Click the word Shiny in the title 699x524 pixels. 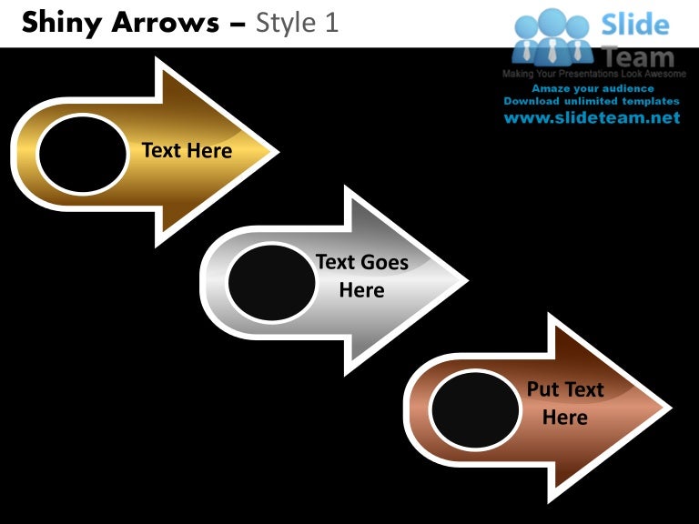(60, 23)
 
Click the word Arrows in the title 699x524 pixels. (168, 23)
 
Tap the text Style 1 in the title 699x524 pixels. (298, 23)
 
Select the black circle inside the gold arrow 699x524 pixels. (83, 154)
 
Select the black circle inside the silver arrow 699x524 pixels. (270, 282)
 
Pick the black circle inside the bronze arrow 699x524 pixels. (474, 409)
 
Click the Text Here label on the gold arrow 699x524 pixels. (187, 151)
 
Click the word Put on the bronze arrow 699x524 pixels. (543, 390)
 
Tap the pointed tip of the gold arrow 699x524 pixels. (275, 152)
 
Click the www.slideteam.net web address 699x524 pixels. (593, 118)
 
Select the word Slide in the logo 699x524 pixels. (635, 25)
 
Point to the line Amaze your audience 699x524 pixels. (593, 88)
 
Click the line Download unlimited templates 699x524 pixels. (593, 101)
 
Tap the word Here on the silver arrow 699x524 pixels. (361, 291)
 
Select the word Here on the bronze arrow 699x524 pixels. (564, 418)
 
